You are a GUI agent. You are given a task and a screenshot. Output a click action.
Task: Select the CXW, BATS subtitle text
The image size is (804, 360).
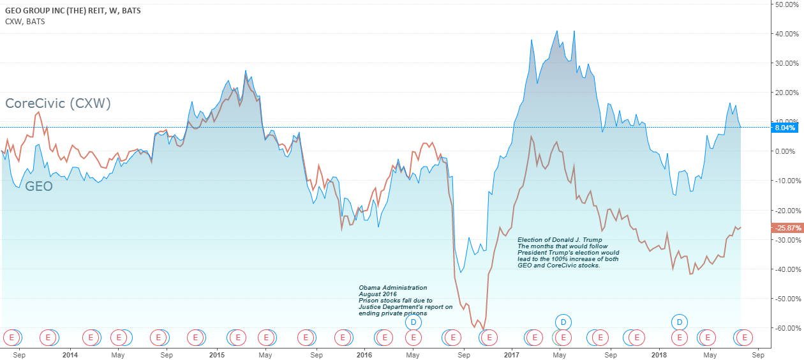(25, 22)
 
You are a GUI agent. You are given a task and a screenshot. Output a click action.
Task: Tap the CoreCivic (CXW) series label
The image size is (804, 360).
(58, 103)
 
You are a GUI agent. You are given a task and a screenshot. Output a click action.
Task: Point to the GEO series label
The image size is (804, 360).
(39, 186)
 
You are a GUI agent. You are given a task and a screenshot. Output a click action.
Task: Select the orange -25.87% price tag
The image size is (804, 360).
(785, 228)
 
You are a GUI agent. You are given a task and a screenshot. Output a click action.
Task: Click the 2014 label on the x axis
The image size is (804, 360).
(70, 354)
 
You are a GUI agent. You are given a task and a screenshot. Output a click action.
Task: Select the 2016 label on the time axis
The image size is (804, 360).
(364, 354)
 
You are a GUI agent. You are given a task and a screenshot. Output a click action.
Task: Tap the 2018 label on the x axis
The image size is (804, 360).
(658, 354)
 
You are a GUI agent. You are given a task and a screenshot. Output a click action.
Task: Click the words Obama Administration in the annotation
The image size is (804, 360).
(392, 288)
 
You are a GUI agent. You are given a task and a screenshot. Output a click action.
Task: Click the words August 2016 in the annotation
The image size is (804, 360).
(377, 294)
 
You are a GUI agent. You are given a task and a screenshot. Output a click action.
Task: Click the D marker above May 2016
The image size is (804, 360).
(413, 322)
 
